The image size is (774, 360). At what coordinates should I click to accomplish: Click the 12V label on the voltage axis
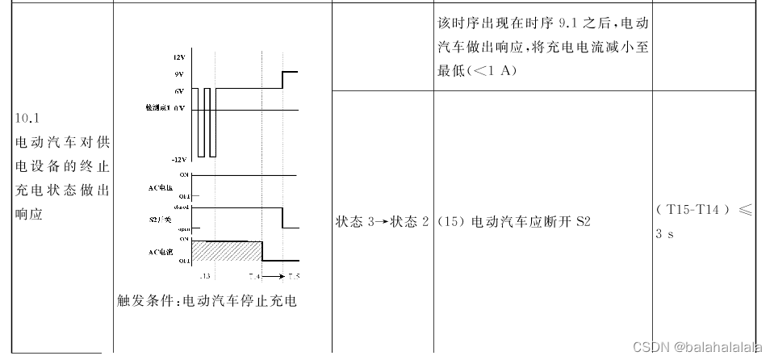[x=178, y=58]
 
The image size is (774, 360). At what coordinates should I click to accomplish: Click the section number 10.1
[x=27, y=118]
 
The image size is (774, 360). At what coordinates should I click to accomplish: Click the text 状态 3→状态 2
[x=382, y=221]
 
